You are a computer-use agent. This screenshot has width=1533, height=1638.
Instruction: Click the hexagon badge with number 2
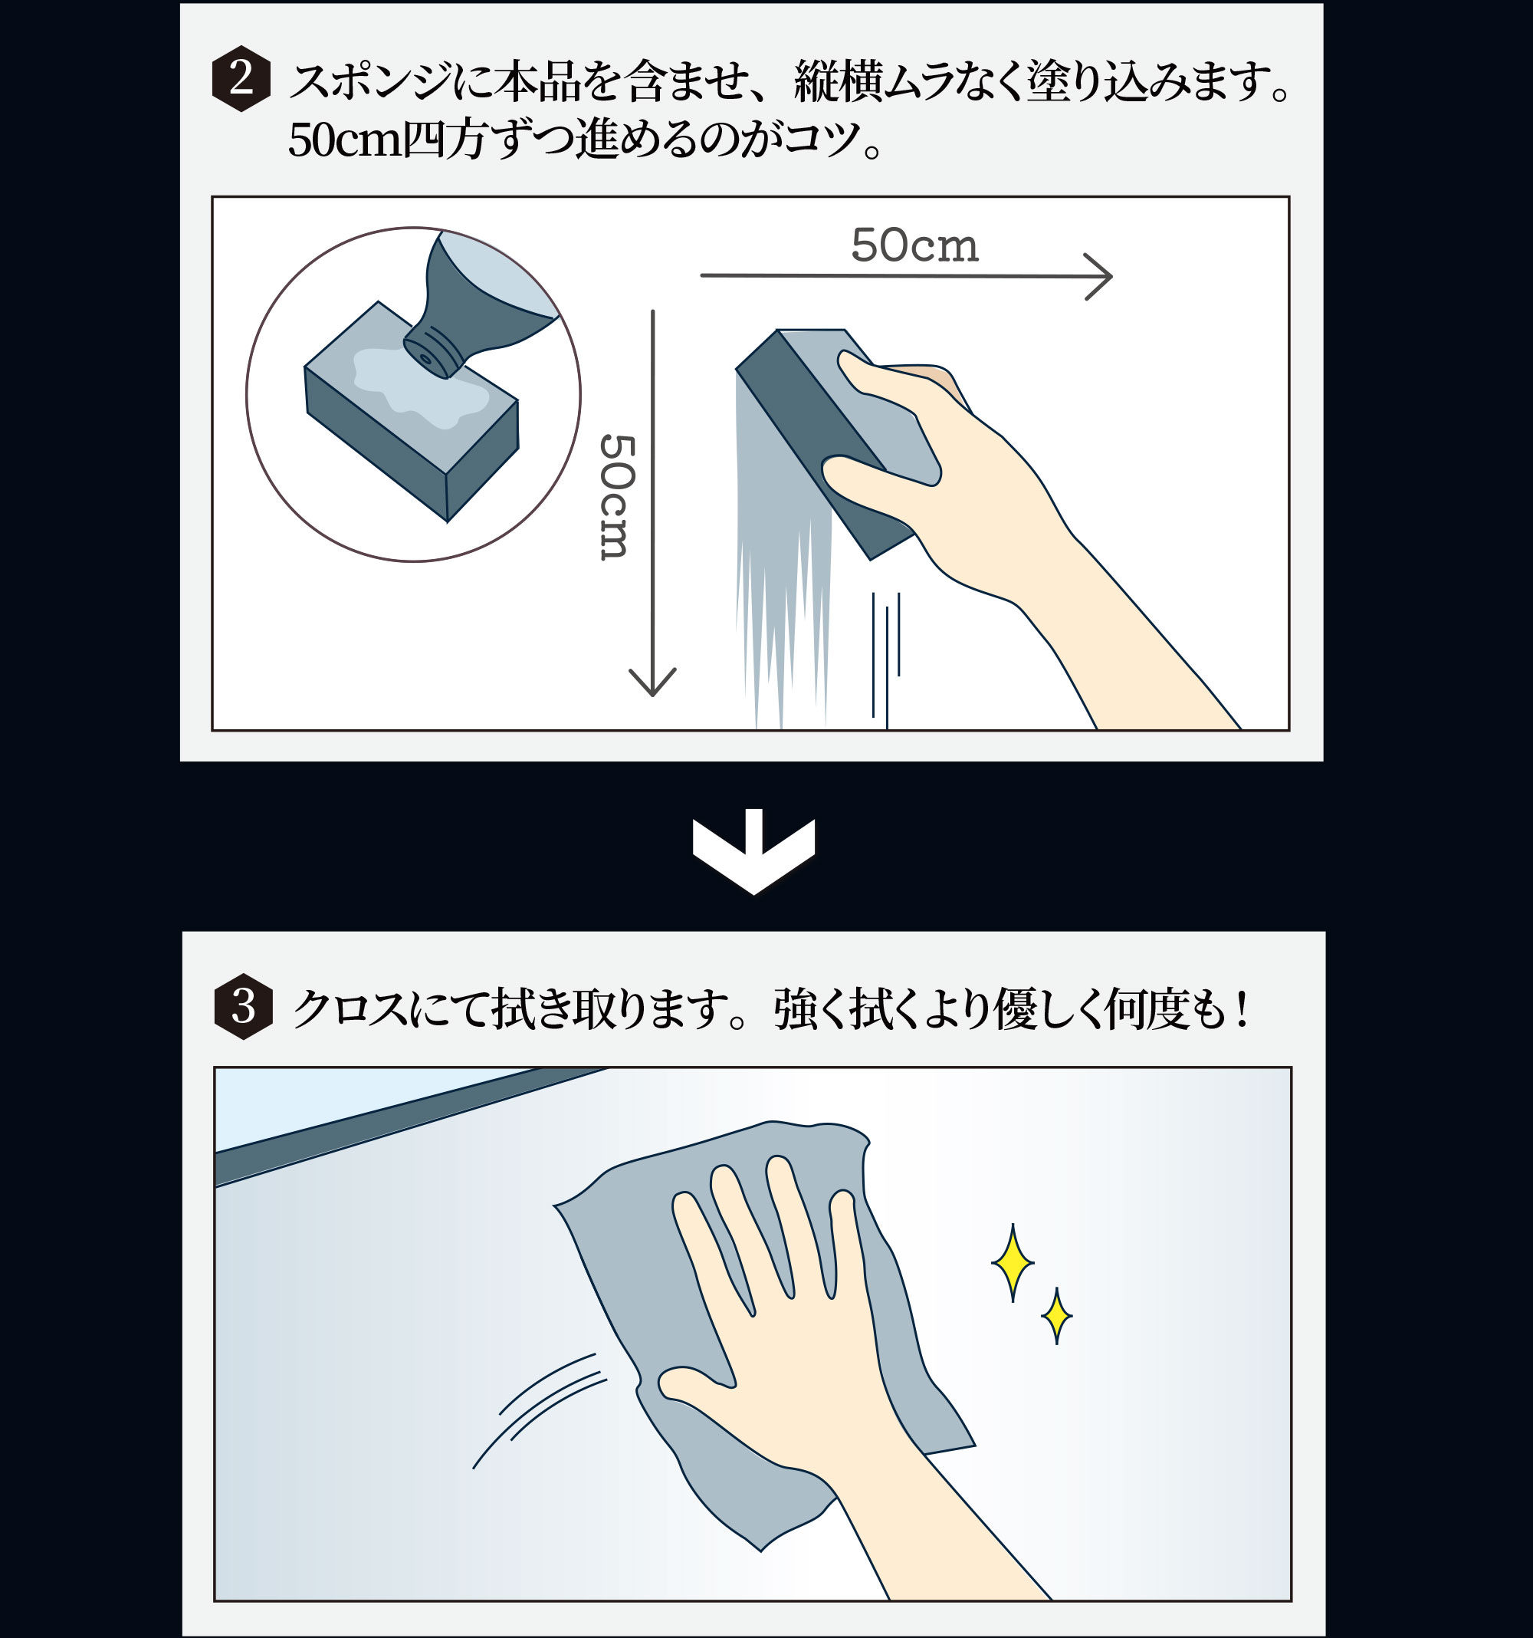241,78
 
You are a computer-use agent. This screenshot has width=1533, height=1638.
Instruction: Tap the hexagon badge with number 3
243,1006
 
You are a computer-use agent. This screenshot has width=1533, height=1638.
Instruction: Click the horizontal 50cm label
914,245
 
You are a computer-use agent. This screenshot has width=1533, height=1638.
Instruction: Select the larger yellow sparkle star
1013,1261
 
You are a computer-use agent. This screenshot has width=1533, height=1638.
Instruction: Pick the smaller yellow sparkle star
1056,1317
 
